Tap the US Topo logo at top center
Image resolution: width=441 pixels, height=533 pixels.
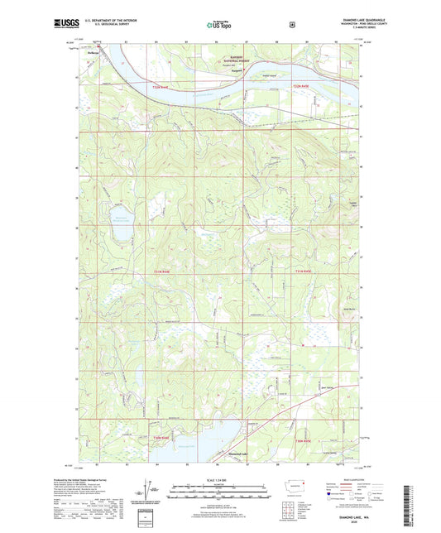tap(219, 25)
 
